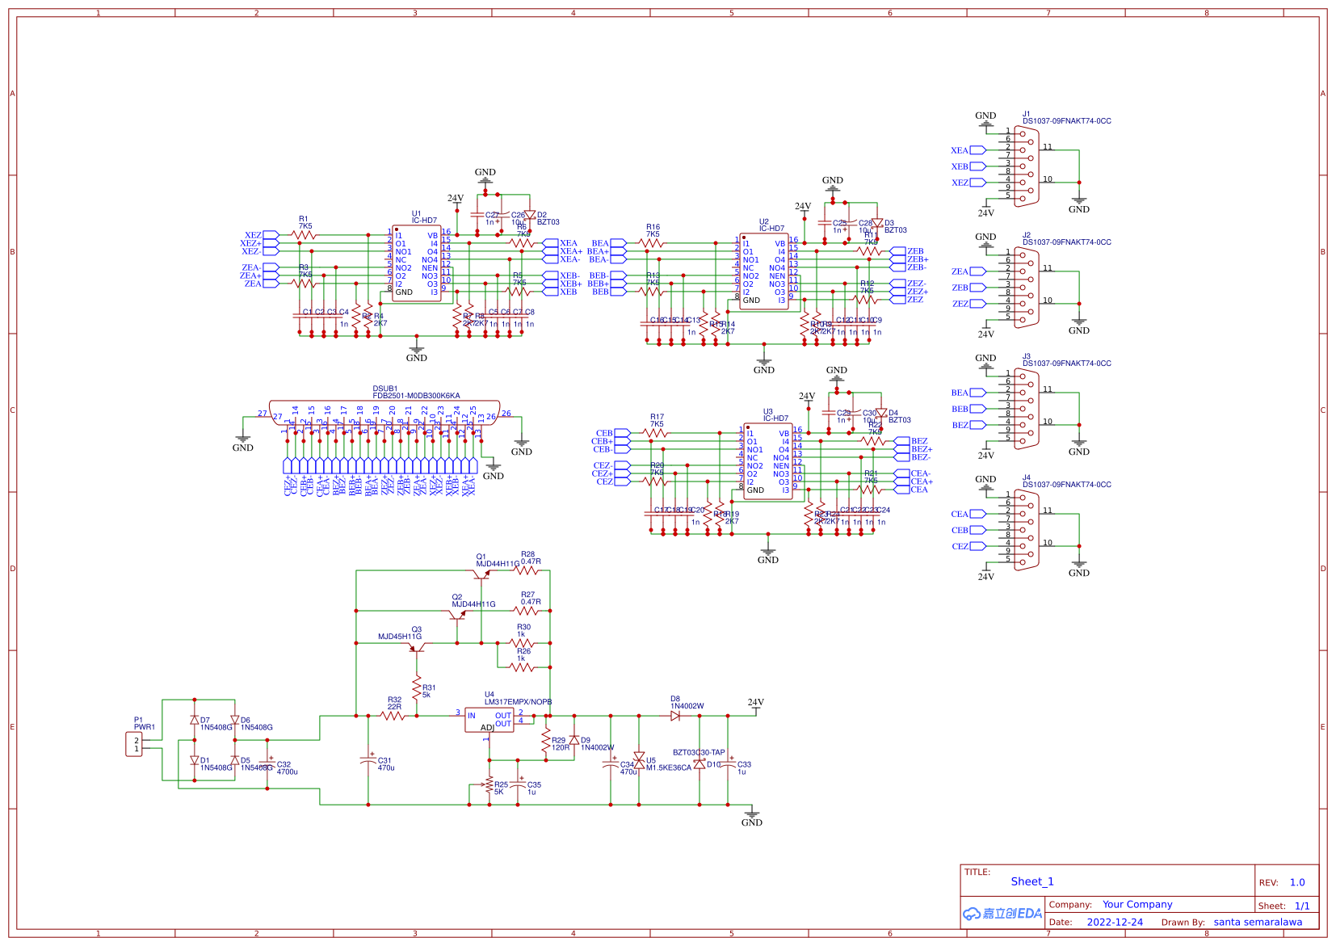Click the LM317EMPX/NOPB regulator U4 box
coord(489,720)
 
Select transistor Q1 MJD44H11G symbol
coord(482,574)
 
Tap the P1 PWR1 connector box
coord(134,744)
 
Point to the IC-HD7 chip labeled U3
coord(767,461)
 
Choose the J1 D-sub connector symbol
coord(1027,166)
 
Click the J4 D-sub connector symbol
coord(1027,530)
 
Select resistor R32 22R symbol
coord(393,716)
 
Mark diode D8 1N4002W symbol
coord(675,716)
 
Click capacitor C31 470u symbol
coord(368,760)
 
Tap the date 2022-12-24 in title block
coord(1115,922)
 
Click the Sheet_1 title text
coord(1031,881)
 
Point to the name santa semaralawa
coord(1257,922)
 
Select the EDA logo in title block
coord(1002,913)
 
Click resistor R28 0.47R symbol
coord(527,570)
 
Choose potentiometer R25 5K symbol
coord(488,784)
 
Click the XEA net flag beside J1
coord(977,150)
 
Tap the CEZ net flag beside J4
coord(977,546)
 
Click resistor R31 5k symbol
coord(417,689)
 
